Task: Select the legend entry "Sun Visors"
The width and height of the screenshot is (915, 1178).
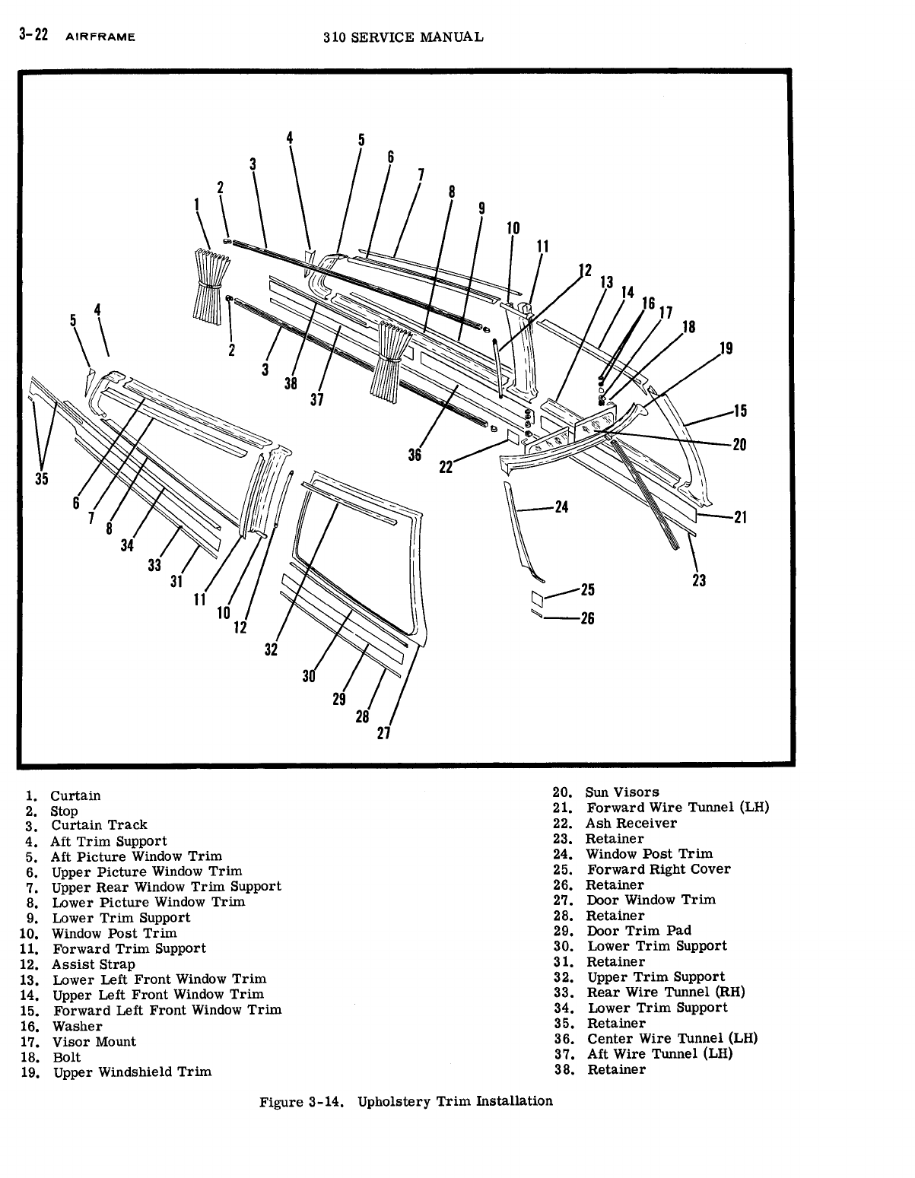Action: coord(621,792)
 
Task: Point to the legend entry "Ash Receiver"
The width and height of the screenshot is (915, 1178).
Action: coord(631,823)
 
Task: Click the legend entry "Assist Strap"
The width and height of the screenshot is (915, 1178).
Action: coord(93,964)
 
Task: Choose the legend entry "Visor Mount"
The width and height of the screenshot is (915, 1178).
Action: coord(94,1042)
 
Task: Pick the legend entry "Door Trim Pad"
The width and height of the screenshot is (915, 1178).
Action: coord(639,931)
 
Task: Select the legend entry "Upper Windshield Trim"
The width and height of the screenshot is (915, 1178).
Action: coord(132,1072)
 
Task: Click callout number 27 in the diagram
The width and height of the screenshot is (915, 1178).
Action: coord(383,733)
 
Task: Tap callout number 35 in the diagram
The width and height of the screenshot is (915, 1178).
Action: coord(42,478)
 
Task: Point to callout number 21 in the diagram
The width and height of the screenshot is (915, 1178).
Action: coord(740,518)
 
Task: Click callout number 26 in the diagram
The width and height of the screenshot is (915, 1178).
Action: coord(586,618)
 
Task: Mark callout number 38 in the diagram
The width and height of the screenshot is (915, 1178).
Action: coord(290,383)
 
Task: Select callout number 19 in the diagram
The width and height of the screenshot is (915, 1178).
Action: coord(726,349)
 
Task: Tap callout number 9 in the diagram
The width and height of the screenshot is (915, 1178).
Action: coord(481,208)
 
